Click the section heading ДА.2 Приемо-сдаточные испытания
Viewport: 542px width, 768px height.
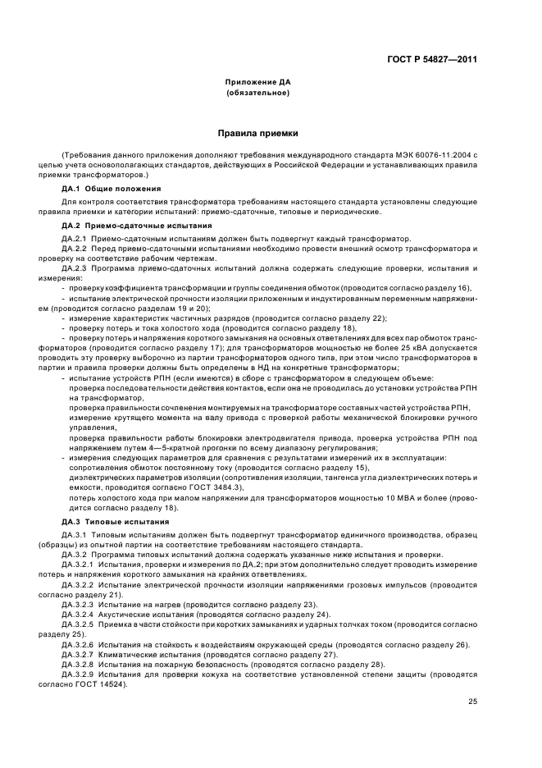pyautogui.click(x=125, y=225)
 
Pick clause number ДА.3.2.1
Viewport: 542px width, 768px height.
pyautogui.click(x=79, y=565)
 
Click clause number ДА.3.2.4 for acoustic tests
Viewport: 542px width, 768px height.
pyautogui.click(x=79, y=615)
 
